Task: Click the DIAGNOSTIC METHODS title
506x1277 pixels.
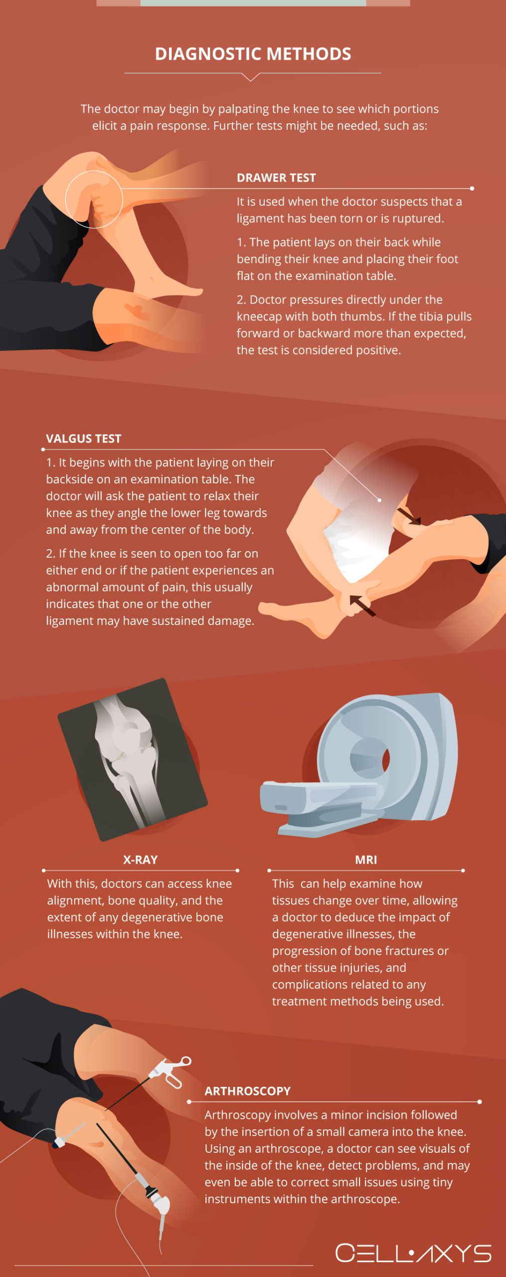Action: (253, 54)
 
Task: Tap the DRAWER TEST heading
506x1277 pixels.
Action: (276, 178)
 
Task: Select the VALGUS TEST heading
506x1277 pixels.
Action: (83, 438)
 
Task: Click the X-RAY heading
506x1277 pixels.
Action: (140, 859)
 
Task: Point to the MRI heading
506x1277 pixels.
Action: (366, 859)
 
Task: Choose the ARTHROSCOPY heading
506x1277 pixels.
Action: (247, 1091)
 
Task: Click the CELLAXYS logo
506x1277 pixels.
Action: (413, 1253)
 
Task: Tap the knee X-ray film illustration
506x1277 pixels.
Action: (132, 758)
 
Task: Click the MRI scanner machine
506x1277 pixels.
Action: (364, 763)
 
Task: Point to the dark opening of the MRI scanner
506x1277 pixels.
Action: (385, 759)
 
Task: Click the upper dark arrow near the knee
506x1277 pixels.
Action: (409, 516)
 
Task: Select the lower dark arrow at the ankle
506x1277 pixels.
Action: (362, 605)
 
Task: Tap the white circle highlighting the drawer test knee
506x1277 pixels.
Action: (94, 200)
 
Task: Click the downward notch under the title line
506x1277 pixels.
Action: (251, 77)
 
